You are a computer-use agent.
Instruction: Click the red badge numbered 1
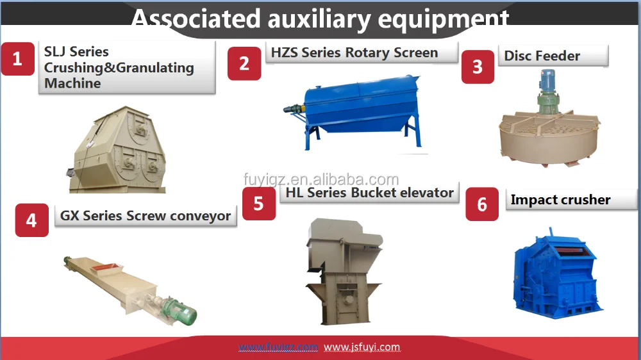pos(17,59)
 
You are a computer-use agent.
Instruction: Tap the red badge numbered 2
pos(244,63)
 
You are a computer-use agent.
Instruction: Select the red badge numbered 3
pos(478,67)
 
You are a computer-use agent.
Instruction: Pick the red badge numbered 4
pos(31,220)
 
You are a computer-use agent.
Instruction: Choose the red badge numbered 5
pos(259,204)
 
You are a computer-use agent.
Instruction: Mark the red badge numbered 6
pos(482,204)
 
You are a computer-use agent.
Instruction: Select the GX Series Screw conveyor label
pos(146,216)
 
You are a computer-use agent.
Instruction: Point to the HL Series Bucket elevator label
pos(370,192)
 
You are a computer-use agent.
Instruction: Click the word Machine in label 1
pos(72,83)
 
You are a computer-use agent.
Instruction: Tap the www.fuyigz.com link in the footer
pos(278,347)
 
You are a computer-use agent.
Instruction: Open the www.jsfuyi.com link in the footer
pos(362,347)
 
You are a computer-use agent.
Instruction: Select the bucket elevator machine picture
pos(344,272)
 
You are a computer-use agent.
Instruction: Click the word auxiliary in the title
pos(319,19)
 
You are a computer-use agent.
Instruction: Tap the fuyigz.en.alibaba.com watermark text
pos(321,179)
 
